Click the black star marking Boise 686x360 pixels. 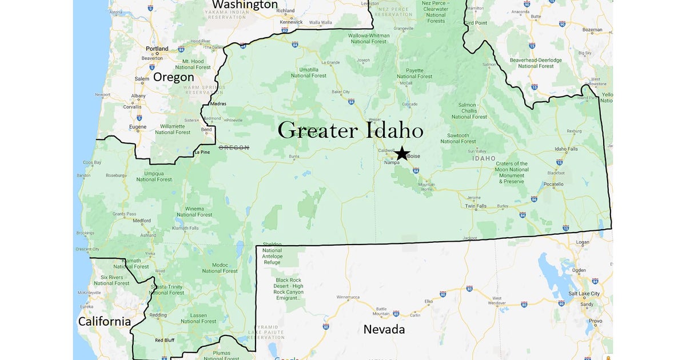point(402,153)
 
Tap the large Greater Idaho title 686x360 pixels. point(350,130)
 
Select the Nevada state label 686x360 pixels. point(384,329)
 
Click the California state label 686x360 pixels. point(104,321)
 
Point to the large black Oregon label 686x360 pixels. point(173,77)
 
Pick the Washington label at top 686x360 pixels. point(245,5)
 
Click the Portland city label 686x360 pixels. point(157,49)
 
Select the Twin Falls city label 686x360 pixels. point(476,206)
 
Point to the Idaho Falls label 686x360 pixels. point(566,149)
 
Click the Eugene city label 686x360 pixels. point(138,127)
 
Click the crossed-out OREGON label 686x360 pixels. point(234,147)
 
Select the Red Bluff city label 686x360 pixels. point(164,340)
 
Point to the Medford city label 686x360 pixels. point(142,221)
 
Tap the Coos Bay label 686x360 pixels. point(91,162)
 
